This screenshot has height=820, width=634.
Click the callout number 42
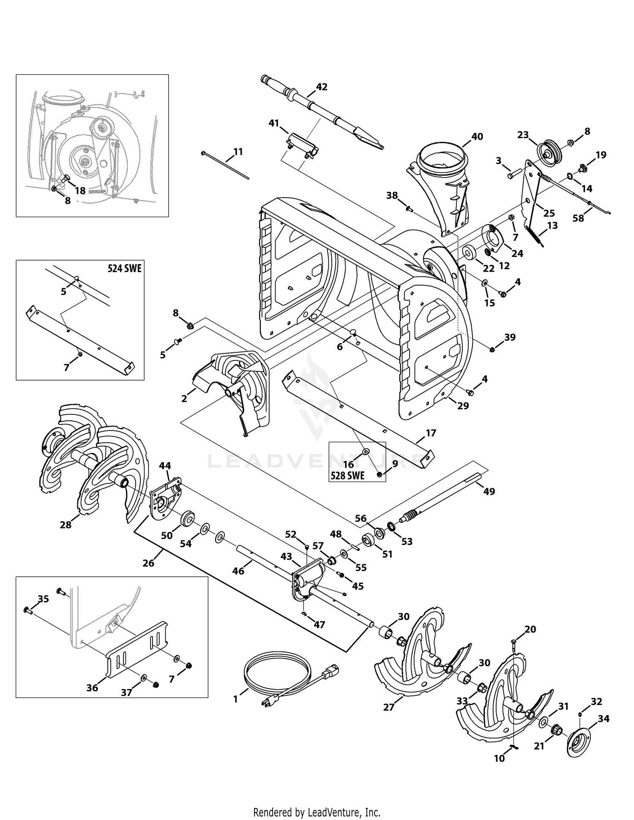point(322,87)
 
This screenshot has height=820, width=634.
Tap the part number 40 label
point(477,136)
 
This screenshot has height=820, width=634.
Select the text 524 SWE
point(124,268)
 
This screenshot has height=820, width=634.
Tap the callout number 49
point(489,491)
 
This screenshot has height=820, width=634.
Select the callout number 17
point(431,433)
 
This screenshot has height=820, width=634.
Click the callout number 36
point(92,688)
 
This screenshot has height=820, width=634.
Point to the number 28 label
point(66,525)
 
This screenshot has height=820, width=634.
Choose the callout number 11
point(238,151)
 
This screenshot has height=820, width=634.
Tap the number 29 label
point(463,406)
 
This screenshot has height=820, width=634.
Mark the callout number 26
point(148,563)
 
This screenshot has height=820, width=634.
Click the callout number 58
point(578,218)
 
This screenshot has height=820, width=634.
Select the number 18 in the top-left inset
point(80,191)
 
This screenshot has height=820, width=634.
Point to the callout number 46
point(238,571)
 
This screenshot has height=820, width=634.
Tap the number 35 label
point(44,599)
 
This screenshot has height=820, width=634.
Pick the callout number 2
point(184,398)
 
